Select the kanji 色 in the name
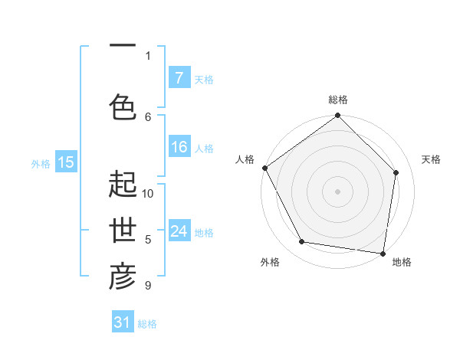(123, 106)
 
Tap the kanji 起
(123, 185)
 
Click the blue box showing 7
(179, 78)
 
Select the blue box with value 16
(179, 147)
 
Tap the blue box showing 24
(179, 231)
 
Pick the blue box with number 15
(66, 162)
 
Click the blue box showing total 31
(123, 322)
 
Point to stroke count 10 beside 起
(148, 193)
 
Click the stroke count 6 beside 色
(148, 116)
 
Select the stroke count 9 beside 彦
(148, 286)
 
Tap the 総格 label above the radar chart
(338, 100)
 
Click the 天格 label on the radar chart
(431, 159)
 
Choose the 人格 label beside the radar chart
(245, 159)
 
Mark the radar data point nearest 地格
(383, 253)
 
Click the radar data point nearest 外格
(302, 242)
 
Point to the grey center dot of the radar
(337, 191)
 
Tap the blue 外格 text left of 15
(40, 163)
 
